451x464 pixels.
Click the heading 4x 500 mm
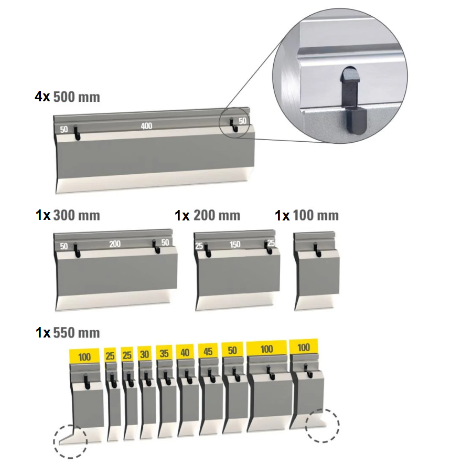tap(68, 97)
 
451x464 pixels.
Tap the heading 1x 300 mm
tap(68, 215)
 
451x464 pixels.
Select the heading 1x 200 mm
tap(207, 215)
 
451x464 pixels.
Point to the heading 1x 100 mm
tap(307, 215)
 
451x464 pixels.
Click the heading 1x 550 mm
tap(68, 333)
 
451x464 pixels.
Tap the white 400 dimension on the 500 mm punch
tap(146, 126)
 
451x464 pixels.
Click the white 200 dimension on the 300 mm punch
tap(115, 244)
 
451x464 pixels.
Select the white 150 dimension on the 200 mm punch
tap(235, 245)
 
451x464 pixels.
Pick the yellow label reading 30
tap(144, 354)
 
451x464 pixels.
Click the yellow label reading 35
tap(164, 353)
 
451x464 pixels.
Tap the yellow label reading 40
tap(185, 352)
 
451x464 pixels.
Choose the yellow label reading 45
tap(208, 351)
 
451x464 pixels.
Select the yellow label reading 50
tap(232, 350)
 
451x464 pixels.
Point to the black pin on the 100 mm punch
tap(317, 249)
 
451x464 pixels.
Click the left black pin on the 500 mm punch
tap(77, 132)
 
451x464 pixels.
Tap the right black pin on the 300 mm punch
tap(156, 247)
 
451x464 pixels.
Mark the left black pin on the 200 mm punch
tap(207, 250)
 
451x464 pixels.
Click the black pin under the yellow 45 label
tap(211, 375)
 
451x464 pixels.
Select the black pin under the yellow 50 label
tap(236, 374)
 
